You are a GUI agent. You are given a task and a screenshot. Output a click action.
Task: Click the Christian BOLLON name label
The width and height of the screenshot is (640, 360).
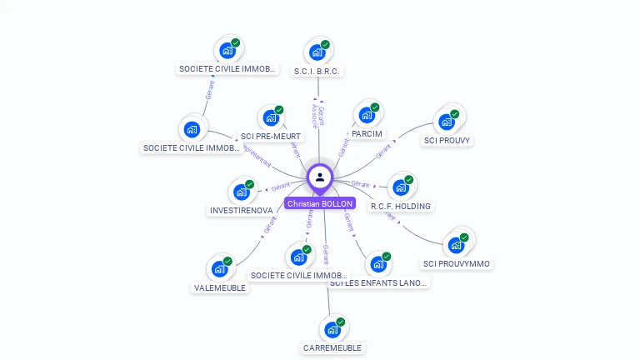tap(320, 203)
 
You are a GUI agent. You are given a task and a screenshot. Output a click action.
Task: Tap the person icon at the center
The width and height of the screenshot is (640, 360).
tap(320, 177)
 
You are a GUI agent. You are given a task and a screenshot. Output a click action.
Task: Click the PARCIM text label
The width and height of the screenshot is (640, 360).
tap(367, 134)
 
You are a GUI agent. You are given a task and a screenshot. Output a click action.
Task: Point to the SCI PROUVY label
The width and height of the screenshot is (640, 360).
tap(447, 141)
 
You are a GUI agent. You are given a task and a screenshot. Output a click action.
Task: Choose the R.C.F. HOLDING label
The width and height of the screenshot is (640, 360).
tap(402, 206)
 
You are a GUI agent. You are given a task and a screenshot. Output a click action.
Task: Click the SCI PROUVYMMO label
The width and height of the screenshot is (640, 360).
tap(457, 264)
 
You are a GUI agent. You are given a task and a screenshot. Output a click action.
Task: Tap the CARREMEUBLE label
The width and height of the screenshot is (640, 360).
tap(332, 347)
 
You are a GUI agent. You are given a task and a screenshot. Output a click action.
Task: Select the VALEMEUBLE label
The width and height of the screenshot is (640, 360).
tap(220, 287)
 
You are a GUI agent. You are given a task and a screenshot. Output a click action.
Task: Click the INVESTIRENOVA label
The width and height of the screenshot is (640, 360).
tap(241, 211)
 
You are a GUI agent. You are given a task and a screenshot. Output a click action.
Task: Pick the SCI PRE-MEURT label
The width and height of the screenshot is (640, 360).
tap(271, 136)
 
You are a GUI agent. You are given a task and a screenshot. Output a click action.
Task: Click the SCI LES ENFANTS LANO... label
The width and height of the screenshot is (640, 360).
tap(379, 283)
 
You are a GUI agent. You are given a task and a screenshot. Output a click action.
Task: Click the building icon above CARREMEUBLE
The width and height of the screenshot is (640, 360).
tap(332, 328)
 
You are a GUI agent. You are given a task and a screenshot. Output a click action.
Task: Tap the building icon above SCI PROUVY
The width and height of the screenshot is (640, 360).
tap(447, 122)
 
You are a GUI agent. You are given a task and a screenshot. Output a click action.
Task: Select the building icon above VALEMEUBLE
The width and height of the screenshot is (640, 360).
tap(219, 268)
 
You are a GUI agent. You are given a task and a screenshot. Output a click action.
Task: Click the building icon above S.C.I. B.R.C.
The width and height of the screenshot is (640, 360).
tap(317, 52)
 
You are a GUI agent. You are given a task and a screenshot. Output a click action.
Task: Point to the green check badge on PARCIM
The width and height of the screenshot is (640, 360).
tap(375, 107)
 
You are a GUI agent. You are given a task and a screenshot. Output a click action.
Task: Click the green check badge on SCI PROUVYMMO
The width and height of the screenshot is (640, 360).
tap(464, 237)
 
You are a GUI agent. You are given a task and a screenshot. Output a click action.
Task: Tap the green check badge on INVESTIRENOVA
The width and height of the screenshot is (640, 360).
tap(249, 184)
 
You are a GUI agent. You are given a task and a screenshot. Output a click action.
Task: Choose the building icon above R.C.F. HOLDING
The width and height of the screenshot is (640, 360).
tap(401, 187)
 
